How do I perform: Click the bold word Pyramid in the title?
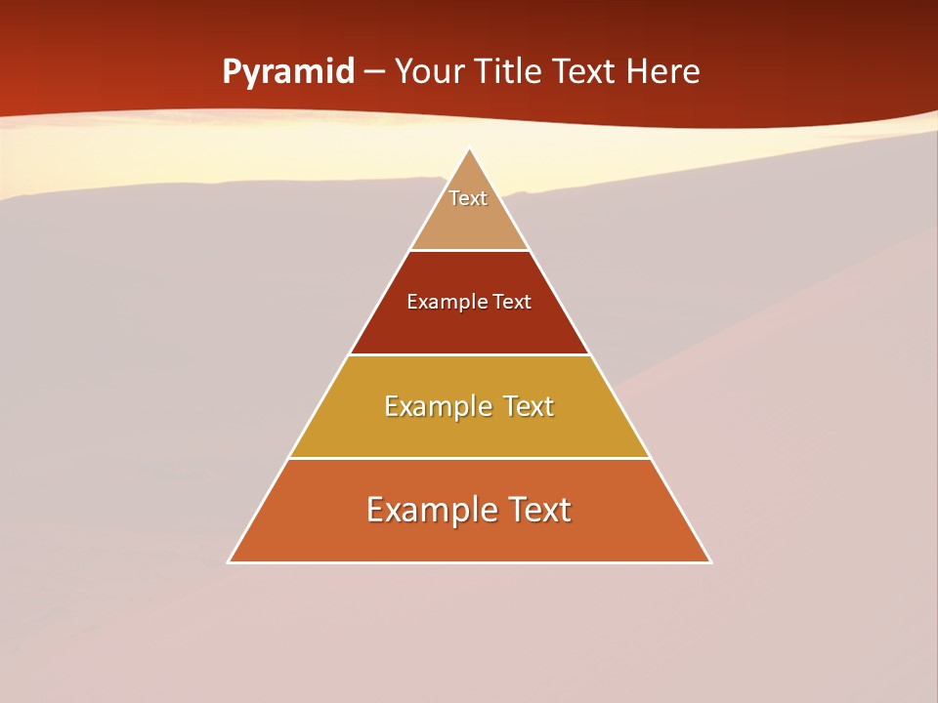(x=288, y=72)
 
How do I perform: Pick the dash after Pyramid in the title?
(x=373, y=72)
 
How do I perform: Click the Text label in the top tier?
(x=468, y=198)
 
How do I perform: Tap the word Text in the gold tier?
(x=526, y=406)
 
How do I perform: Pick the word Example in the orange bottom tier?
(x=426, y=510)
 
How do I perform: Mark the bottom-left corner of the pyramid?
(x=229, y=562)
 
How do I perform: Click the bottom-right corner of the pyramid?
(x=710, y=562)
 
